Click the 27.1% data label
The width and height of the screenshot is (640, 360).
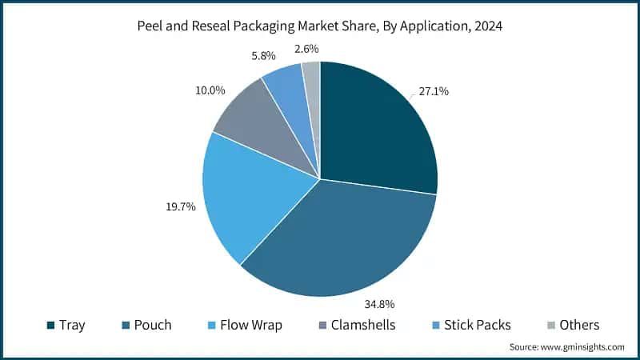433,92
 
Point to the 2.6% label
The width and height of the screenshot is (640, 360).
306,48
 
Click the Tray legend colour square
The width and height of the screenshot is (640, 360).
51,326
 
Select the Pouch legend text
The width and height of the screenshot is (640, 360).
154,326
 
